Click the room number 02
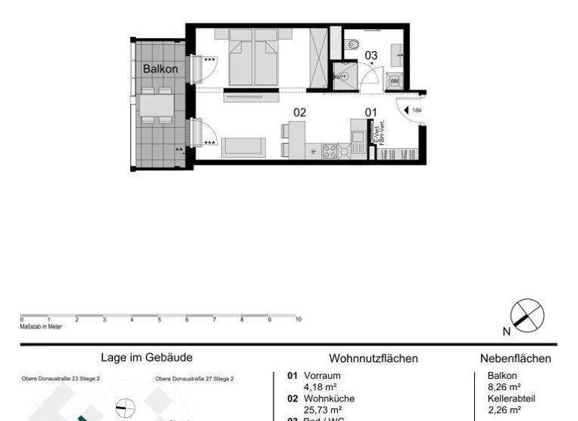pos(300,112)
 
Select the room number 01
pos(370,112)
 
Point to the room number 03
pos(371,55)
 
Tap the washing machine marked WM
pos(394,81)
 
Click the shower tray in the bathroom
pos(342,76)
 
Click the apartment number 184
pos(418,111)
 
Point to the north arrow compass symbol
pos(526,315)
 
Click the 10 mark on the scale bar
pos(298,320)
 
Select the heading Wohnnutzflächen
pos(373,359)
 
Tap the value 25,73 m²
pos(323,410)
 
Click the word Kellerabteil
pos(511,399)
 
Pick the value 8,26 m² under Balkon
pos(503,387)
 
